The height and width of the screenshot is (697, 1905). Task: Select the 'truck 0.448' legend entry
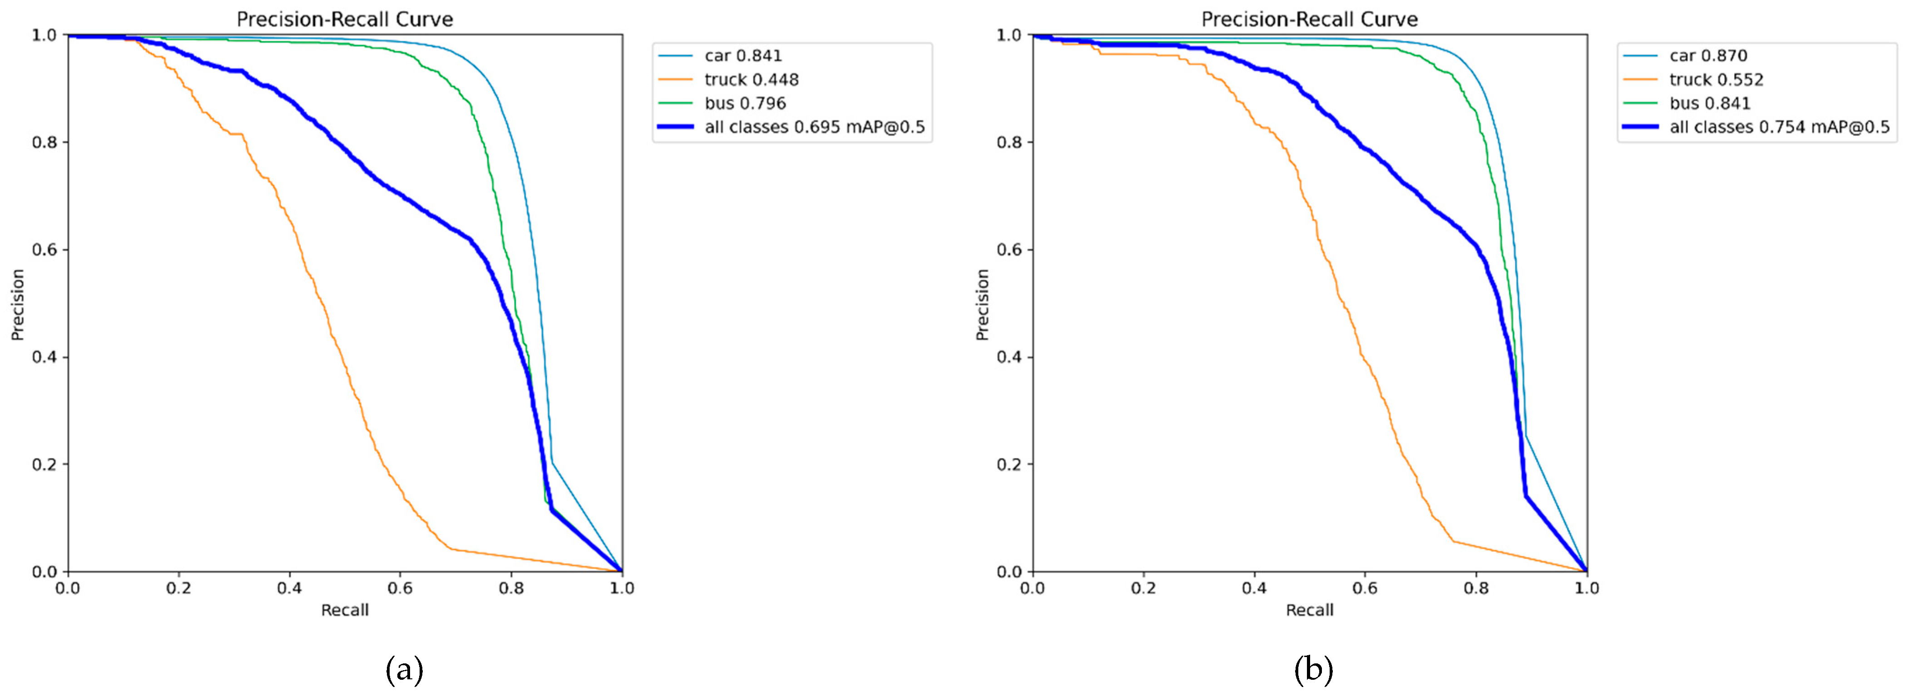(x=751, y=79)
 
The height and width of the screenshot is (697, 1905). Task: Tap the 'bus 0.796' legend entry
(x=745, y=103)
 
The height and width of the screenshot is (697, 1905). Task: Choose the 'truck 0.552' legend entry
(x=1716, y=79)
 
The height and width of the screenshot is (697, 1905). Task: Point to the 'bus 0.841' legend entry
(x=1710, y=103)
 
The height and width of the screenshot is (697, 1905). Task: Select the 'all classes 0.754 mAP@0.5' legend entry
(x=1779, y=127)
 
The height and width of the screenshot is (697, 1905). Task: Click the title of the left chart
(x=345, y=19)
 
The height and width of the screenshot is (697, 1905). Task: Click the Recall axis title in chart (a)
(x=345, y=610)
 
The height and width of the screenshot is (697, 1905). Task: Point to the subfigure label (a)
(x=405, y=670)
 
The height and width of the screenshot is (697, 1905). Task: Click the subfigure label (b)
(x=1313, y=670)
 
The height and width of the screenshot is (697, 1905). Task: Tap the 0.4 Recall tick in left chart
(x=289, y=588)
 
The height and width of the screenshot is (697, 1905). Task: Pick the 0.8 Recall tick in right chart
(x=1476, y=588)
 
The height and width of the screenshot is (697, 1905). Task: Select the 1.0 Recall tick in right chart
(x=1586, y=588)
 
